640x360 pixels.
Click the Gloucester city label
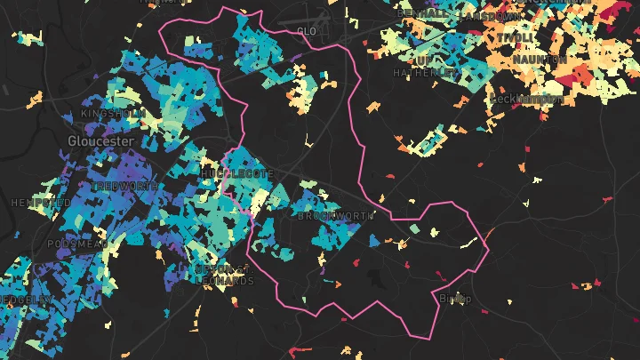(101, 141)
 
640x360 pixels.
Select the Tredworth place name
(125, 187)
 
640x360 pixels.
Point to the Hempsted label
(40, 203)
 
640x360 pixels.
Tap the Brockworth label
(335, 216)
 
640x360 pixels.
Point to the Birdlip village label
(455, 299)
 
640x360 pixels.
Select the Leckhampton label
(526, 99)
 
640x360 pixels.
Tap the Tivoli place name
(516, 38)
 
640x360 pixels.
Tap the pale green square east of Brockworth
(415, 228)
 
